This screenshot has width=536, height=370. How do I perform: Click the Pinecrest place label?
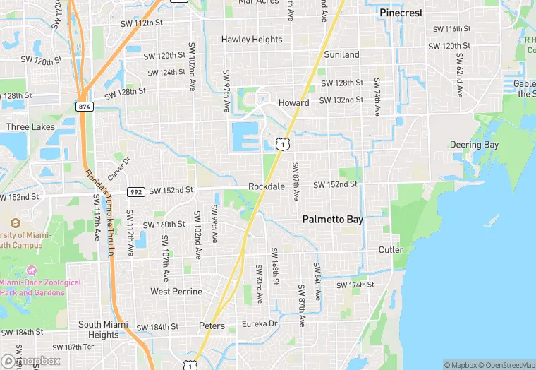click(x=401, y=13)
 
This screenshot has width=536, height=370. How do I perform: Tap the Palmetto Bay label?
click(x=333, y=220)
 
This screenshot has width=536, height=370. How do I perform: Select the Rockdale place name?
click(x=267, y=186)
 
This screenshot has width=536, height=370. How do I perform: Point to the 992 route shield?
click(x=136, y=191)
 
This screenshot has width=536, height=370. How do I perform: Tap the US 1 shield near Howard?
click(x=282, y=144)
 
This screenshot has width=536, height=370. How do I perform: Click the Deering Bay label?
click(x=474, y=145)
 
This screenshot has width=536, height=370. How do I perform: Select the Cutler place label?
click(x=391, y=249)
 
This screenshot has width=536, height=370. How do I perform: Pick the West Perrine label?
click(x=176, y=291)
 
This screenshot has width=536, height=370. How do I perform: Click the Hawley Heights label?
click(x=252, y=40)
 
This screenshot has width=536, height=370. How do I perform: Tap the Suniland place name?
click(x=341, y=54)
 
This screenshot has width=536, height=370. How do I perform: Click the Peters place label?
click(x=212, y=326)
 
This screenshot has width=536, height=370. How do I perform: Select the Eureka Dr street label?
click(x=260, y=323)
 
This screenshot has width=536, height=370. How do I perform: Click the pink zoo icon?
click(x=31, y=270)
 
